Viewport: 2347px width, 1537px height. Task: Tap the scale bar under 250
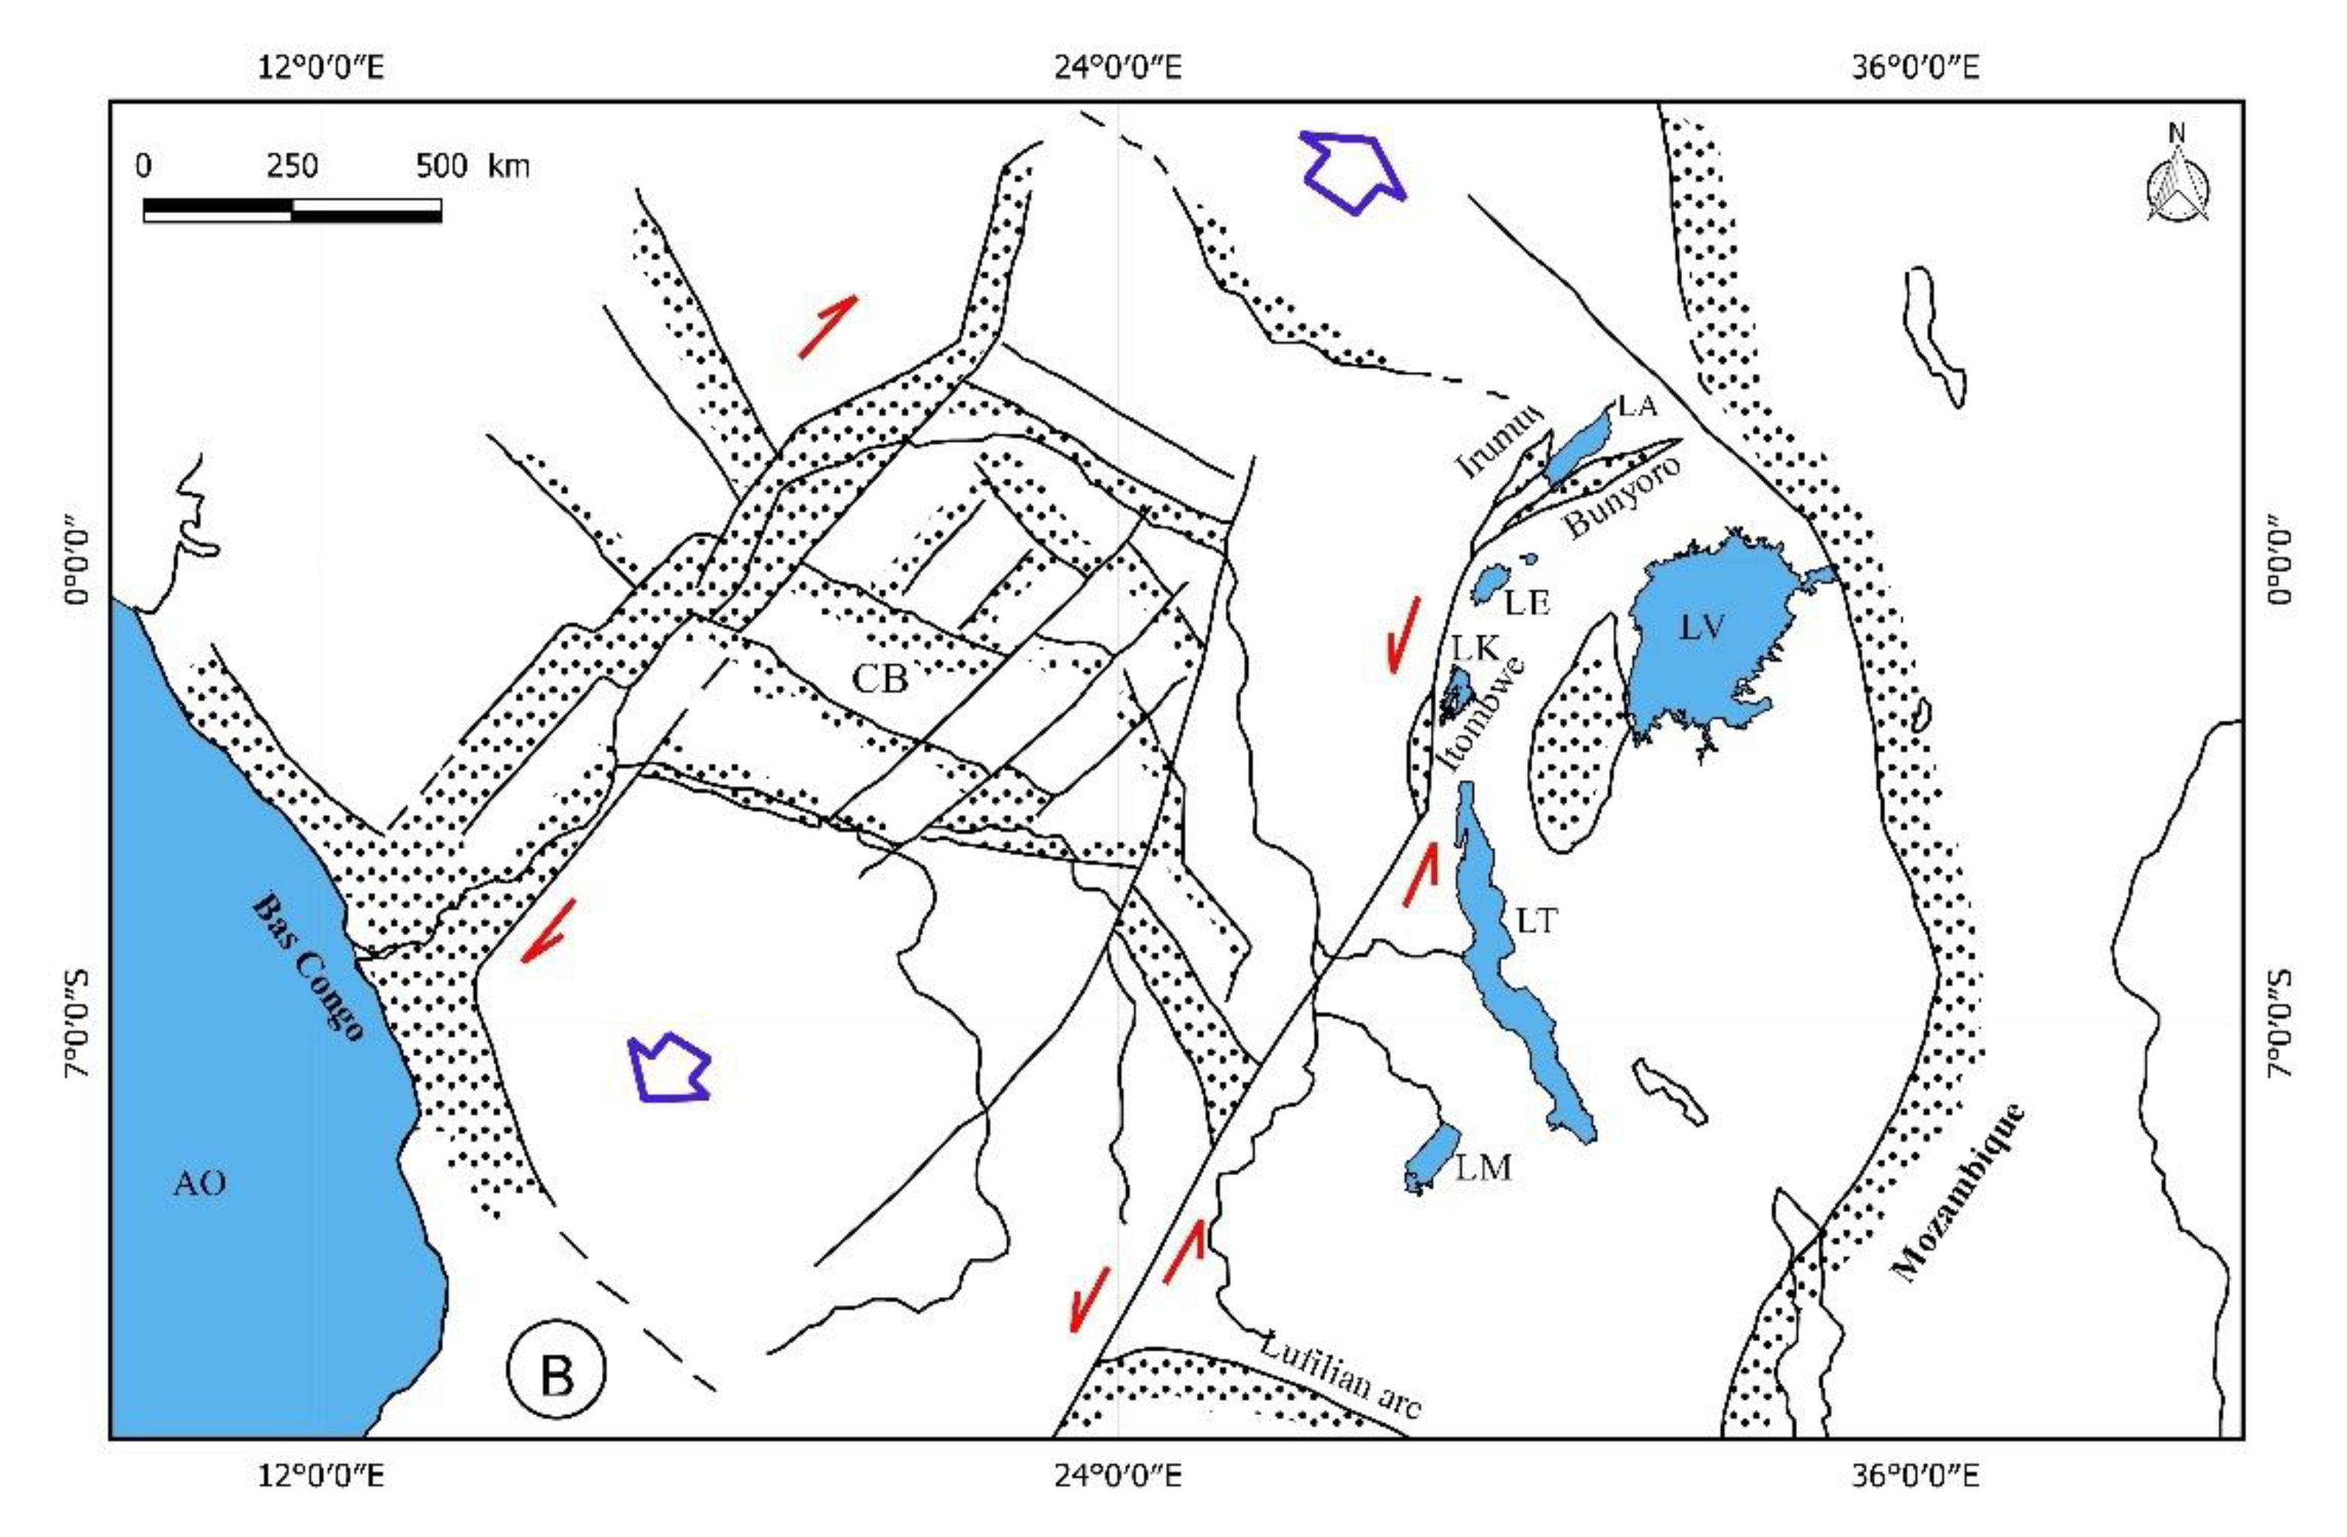(x=292, y=209)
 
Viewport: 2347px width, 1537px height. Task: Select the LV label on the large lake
(x=1703, y=628)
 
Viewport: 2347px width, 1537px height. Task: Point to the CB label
(x=879, y=679)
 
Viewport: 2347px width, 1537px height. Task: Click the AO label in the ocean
(x=199, y=1183)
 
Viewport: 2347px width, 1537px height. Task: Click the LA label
(x=1637, y=405)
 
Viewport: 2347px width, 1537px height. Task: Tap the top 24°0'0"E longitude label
(x=1119, y=67)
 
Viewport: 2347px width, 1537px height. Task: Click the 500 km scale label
(x=472, y=166)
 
